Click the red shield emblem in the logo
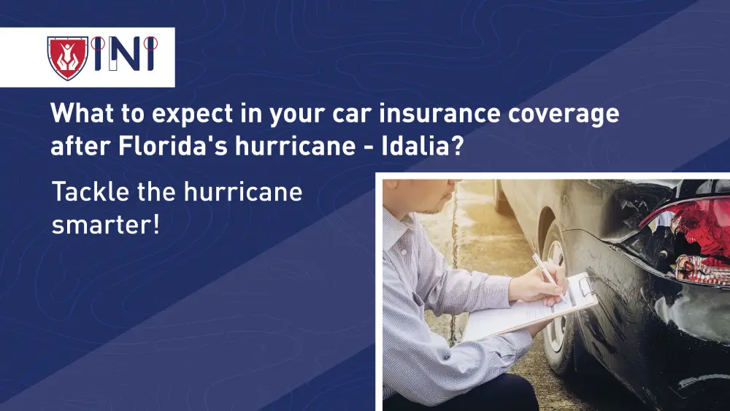(67, 58)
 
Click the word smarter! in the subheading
(105, 224)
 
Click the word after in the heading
(77, 146)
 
